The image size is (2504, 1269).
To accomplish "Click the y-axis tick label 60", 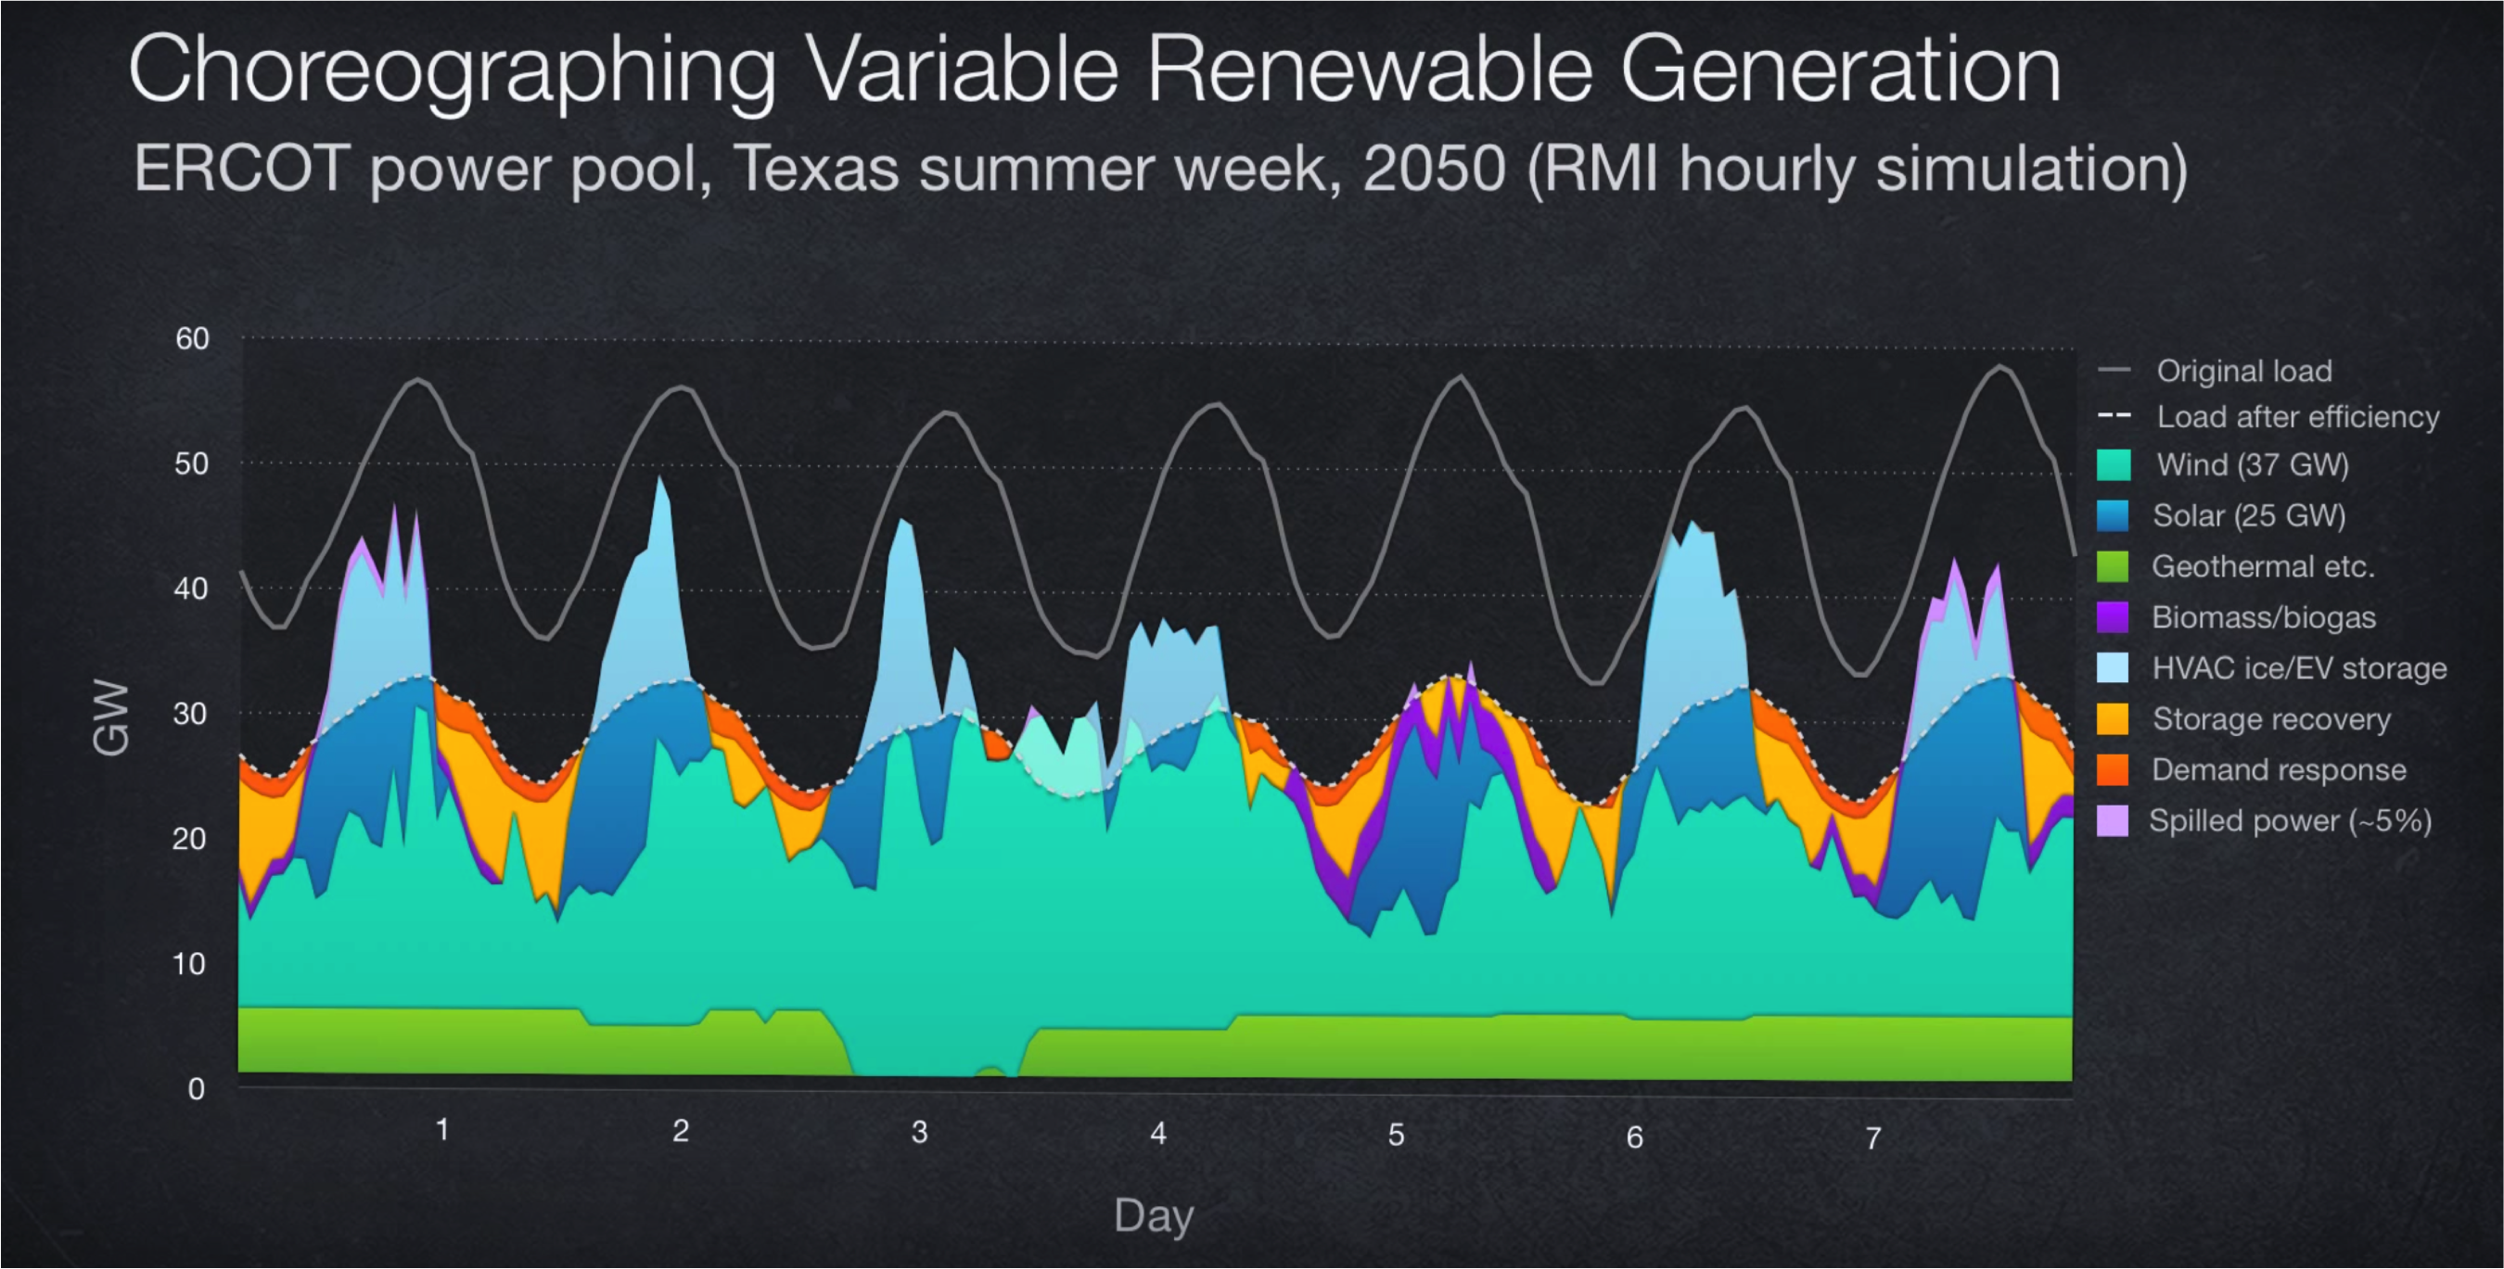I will pos(193,338).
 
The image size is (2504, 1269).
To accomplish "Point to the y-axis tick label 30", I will pos(190,713).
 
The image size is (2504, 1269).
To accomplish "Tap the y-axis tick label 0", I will pos(197,1089).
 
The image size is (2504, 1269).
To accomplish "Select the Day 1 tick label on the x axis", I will pos(442,1130).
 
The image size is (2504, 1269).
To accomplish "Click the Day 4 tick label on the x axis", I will pos(1157,1133).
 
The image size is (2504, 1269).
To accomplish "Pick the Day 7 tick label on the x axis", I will pos(1873,1137).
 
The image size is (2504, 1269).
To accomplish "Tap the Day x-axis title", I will pos(1154,1215).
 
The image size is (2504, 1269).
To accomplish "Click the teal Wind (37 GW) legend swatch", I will pos(2114,464).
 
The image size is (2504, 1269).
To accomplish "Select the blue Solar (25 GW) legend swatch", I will pos(2114,515).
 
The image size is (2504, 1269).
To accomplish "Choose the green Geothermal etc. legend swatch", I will pos(2114,566).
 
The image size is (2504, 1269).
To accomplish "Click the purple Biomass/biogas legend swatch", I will pos(2114,617).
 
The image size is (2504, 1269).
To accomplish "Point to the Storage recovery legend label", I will pos(2270,719).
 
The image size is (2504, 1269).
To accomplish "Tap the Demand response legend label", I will pos(2279,769).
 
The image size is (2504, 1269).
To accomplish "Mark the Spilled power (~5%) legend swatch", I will pos(2114,821).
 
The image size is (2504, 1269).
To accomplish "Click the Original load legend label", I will pos(2243,371).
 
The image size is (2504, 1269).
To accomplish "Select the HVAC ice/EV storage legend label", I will pos(2299,668).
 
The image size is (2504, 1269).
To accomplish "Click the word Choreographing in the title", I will pos(452,70).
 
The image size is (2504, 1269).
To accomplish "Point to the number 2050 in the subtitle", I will pos(1434,168).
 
